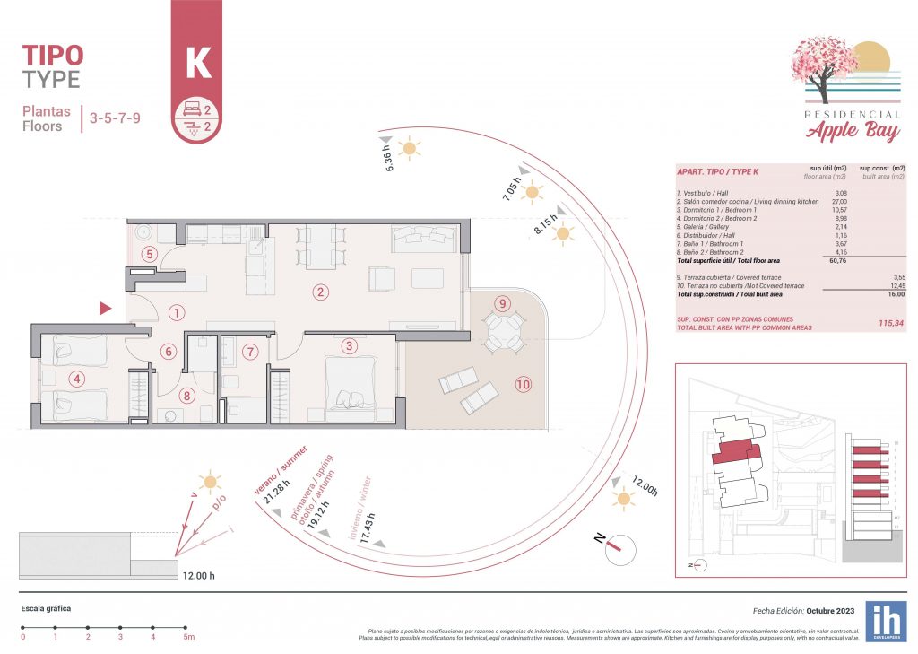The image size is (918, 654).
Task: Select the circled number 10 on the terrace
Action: tap(523, 384)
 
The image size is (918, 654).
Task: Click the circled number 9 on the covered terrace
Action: tap(502, 302)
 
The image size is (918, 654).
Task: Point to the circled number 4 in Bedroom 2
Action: tap(77, 379)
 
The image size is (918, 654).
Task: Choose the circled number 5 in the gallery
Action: tap(150, 254)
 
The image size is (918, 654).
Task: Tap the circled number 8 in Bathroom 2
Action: tap(186, 394)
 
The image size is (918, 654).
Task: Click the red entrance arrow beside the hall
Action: tap(105, 309)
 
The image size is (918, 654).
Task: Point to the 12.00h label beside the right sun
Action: tap(645, 485)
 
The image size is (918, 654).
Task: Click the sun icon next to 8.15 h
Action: tap(563, 234)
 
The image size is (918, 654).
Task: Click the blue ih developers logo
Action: tap(885, 621)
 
